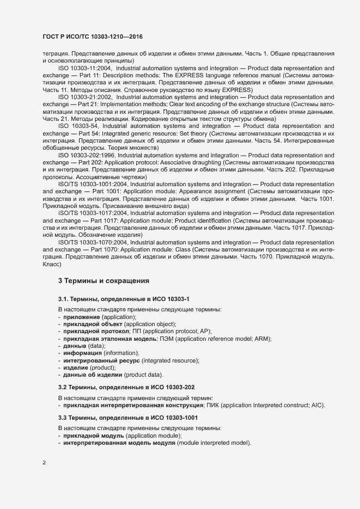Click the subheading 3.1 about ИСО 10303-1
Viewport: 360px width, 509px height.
[124, 299]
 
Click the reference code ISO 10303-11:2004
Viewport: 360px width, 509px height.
[83, 68]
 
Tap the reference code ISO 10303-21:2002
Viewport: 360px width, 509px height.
[83, 97]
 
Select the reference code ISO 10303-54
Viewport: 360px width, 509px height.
[80, 126]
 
